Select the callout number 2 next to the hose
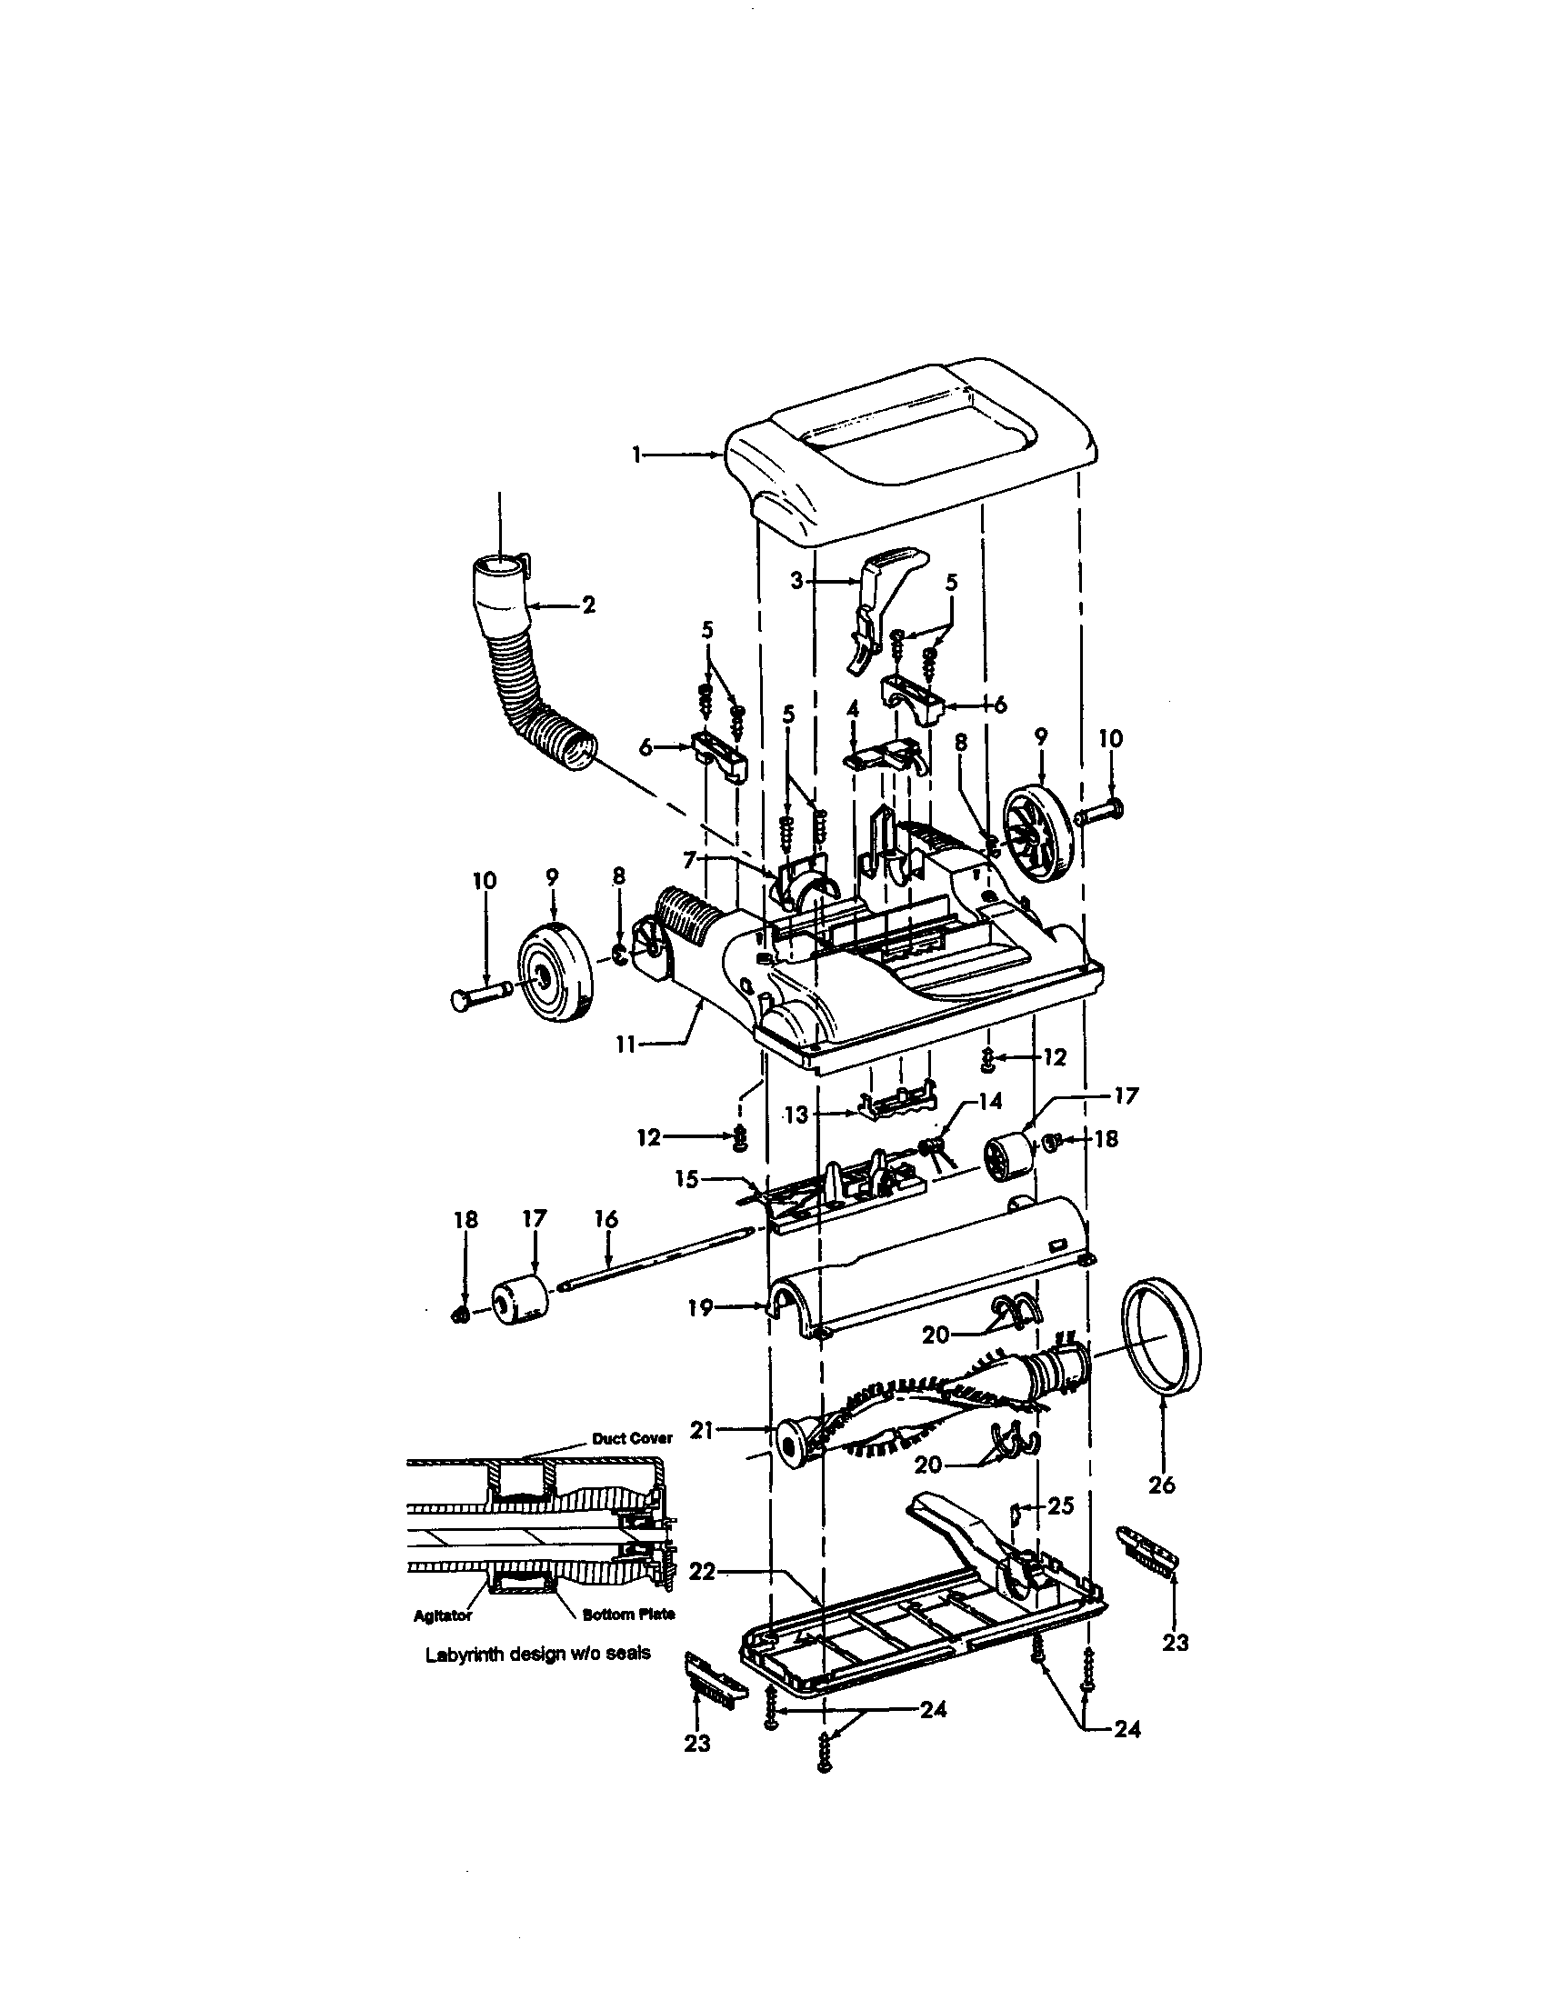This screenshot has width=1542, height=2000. (x=588, y=605)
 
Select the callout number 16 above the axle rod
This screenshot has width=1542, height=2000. (x=606, y=1219)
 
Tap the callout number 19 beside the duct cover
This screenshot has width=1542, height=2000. (x=700, y=1308)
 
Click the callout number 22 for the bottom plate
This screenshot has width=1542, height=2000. (x=701, y=1571)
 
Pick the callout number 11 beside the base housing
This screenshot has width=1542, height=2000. (x=626, y=1044)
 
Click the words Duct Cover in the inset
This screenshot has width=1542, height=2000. (x=632, y=1439)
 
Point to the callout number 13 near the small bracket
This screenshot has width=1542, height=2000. (x=798, y=1115)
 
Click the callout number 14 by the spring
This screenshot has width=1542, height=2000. (x=991, y=1101)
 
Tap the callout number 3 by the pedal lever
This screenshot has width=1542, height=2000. (x=796, y=582)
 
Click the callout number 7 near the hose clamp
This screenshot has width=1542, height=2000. (x=689, y=858)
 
